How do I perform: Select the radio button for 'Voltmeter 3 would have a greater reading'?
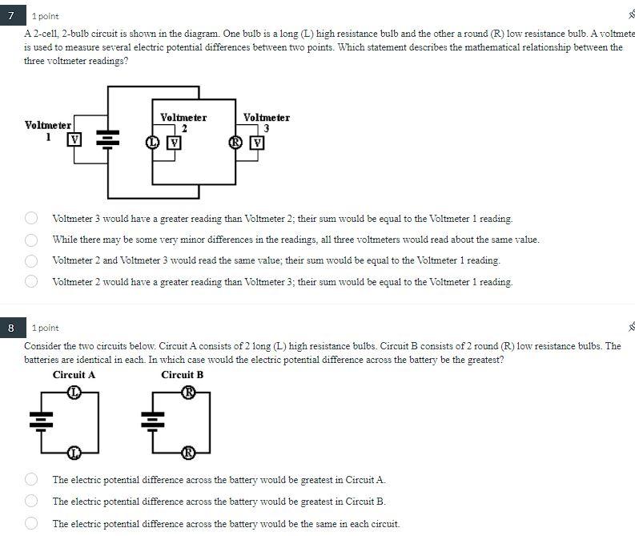point(31,218)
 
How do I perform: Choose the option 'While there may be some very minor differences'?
point(31,240)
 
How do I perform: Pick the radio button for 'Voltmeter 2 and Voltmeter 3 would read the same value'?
point(31,260)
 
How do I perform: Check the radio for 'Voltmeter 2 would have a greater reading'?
point(31,281)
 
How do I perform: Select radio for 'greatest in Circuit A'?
point(31,479)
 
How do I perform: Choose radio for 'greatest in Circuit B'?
point(31,501)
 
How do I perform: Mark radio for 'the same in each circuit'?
point(31,523)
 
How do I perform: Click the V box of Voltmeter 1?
point(74,139)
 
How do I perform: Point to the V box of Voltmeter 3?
point(257,143)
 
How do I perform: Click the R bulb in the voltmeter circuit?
point(235,143)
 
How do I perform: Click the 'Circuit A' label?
point(74,375)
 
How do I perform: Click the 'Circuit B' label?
point(182,375)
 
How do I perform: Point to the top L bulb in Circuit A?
point(74,392)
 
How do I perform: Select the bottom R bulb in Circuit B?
point(188,453)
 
